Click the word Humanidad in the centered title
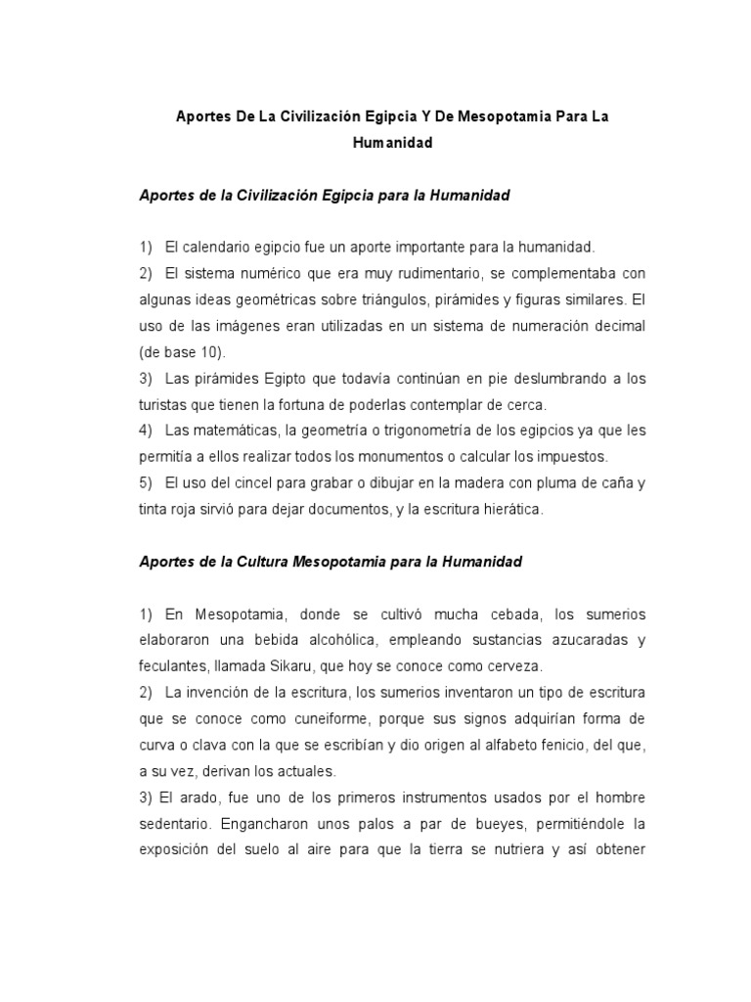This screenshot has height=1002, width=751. pyautogui.click(x=392, y=143)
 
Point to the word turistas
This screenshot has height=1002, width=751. pyautogui.click(x=164, y=404)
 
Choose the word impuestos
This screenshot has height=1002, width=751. pyautogui.click(x=572, y=457)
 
